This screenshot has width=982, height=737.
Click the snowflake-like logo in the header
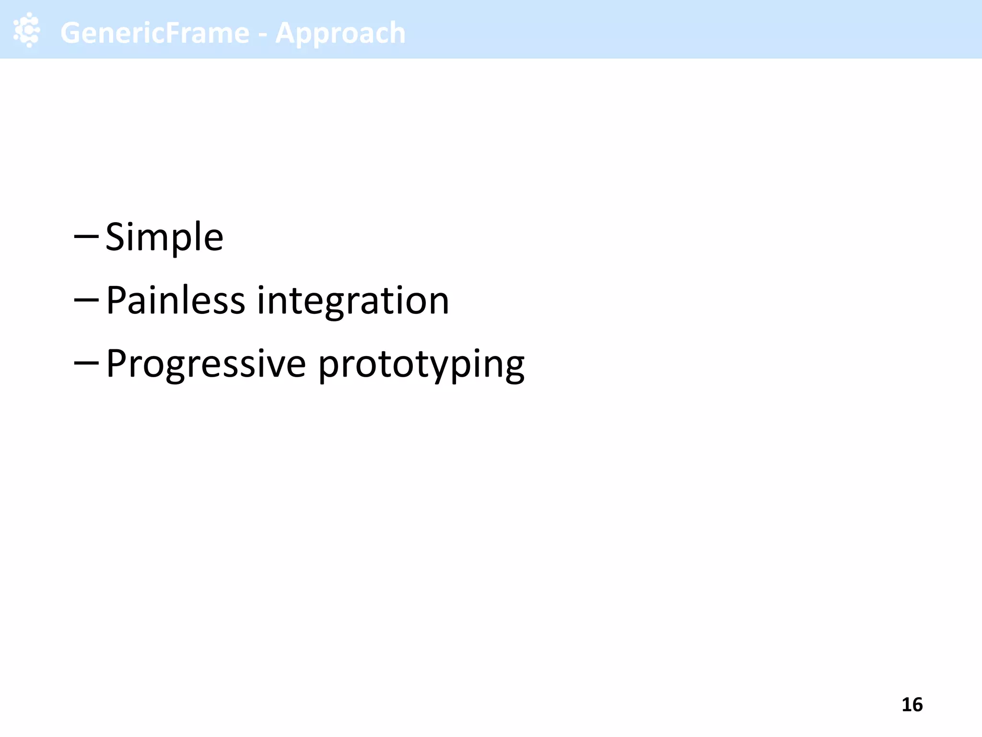tap(27, 30)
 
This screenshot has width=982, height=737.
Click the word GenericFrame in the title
tap(155, 33)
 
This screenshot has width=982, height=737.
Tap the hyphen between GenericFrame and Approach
tap(262, 35)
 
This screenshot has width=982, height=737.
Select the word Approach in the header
tap(340, 34)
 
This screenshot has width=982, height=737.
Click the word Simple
tap(164, 237)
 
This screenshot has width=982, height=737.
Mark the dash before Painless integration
tap(86, 300)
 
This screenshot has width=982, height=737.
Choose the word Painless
tap(175, 300)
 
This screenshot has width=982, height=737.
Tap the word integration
tap(353, 301)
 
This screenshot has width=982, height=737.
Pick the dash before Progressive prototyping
tap(86, 363)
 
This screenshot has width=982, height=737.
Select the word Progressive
tap(206, 364)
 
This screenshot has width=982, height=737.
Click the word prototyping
tap(421, 365)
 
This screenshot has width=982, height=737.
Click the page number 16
tap(912, 705)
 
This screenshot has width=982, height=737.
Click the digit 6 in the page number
tap(917, 705)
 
